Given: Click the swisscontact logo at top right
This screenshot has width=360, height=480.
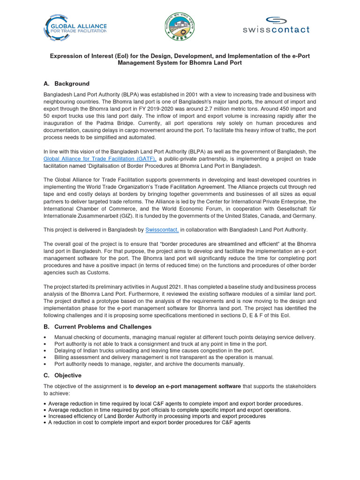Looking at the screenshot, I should pyautogui.click(x=276, y=25).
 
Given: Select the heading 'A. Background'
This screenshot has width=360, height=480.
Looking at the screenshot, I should pyautogui.click(x=66, y=83).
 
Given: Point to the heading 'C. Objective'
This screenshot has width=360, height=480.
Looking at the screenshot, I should pyautogui.click(x=62, y=375).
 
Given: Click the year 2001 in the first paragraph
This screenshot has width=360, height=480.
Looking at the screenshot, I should pyautogui.click(x=190, y=94).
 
